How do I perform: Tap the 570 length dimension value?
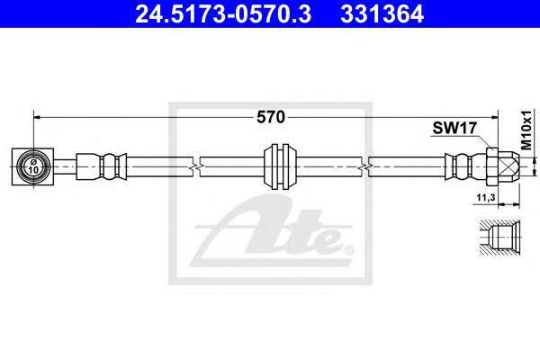[x=271, y=117]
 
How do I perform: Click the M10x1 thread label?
[x=526, y=127]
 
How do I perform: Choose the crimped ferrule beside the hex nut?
[x=461, y=166]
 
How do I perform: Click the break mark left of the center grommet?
[x=195, y=166]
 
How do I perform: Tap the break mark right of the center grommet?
[x=364, y=166]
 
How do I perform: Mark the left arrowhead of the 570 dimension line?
[x=39, y=117]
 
